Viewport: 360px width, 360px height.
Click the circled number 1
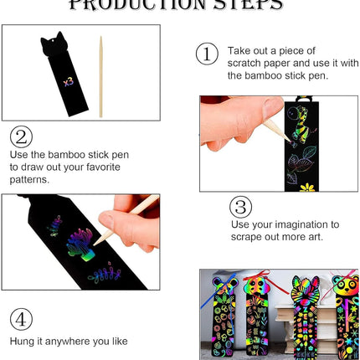point(207,54)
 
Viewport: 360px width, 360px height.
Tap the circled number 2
point(23,137)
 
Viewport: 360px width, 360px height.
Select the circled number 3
point(241,208)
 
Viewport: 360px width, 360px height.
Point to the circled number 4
point(23,319)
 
